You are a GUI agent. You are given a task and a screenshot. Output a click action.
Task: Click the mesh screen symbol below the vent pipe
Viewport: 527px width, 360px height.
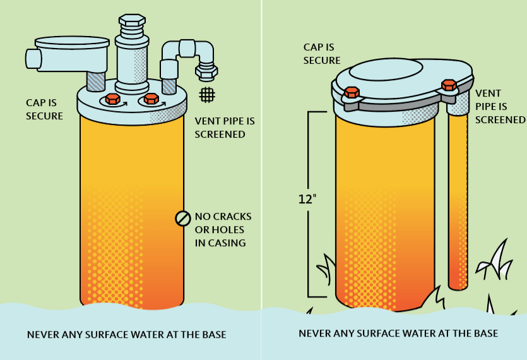coord(207,95)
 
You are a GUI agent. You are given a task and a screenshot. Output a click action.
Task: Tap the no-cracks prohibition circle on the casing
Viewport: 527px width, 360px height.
coord(183,219)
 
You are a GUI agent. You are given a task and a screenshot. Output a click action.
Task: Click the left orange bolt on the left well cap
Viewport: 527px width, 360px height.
coord(112,99)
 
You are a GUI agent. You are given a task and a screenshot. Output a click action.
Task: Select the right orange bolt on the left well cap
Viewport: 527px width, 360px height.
coord(151,99)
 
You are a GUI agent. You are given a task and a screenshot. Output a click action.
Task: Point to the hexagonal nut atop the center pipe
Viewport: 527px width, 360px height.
coord(132,20)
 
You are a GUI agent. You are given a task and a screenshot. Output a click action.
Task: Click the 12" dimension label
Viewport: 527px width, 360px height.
coord(307,199)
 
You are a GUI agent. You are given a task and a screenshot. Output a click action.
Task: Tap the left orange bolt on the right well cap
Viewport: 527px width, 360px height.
coord(352,92)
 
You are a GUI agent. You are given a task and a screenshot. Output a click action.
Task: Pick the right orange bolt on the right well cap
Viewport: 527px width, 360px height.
coord(449,85)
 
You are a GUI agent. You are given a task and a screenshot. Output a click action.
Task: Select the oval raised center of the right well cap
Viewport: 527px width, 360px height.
coord(386,70)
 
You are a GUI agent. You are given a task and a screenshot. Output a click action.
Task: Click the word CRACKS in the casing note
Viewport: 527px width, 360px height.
coord(232,217)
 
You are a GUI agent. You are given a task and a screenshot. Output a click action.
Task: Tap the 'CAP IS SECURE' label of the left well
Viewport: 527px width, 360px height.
coord(44,109)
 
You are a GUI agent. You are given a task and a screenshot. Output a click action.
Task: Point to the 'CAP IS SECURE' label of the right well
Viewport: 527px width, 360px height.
coord(322,54)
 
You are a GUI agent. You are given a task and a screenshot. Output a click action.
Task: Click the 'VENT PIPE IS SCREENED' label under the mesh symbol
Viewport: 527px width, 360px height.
coord(225,128)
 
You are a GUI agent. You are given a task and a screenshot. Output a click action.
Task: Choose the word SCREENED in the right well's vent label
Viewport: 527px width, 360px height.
coord(500,120)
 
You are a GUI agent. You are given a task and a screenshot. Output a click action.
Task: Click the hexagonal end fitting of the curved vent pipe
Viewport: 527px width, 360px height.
coord(206,72)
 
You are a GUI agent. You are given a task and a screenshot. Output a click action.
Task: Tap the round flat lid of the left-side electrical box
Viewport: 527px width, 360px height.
coord(72,42)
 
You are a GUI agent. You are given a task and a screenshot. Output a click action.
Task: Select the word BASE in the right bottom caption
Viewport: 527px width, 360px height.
coord(486,333)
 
